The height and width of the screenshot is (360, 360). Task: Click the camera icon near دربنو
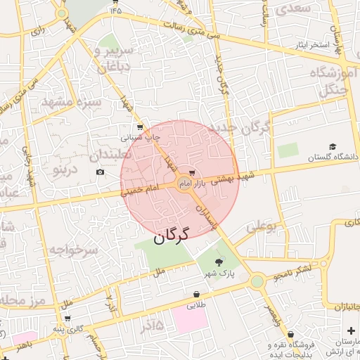tap(100, 172)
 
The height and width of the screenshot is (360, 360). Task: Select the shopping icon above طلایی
tap(196, 295)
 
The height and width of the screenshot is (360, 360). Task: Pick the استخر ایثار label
tap(311, 45)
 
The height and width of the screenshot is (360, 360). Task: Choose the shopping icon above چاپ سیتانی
tap(139, 127)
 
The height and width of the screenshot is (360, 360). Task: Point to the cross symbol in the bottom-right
tap(351, 330)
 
